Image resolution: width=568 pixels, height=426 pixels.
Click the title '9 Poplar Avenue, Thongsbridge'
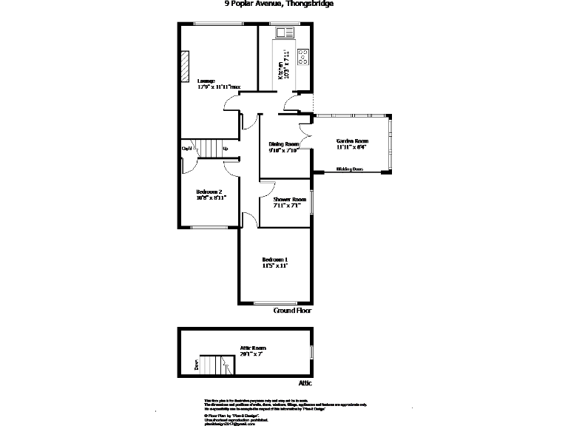click(x=279, y=4)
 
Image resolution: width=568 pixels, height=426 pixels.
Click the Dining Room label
click(x=283, y=146)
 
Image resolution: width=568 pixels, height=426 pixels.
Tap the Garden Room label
click(x=351, y=143)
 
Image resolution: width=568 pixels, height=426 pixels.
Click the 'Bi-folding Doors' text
click(x=350, y=169)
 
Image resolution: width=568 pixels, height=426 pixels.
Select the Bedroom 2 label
click(x=211, y=195)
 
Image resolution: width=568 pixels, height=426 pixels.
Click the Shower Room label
click(x=289, y=203)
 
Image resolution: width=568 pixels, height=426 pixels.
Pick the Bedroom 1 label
click(x=275, y=263)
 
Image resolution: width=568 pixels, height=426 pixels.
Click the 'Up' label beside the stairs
click(x=225, y=149)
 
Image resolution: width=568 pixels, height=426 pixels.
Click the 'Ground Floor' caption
click(x=293, y=311)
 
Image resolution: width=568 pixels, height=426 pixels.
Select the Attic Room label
click(x=253, y=351)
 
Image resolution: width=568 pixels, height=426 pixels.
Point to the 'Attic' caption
click(x=305, y=383)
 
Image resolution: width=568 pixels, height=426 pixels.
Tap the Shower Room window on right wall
click(x=311, y=202)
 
